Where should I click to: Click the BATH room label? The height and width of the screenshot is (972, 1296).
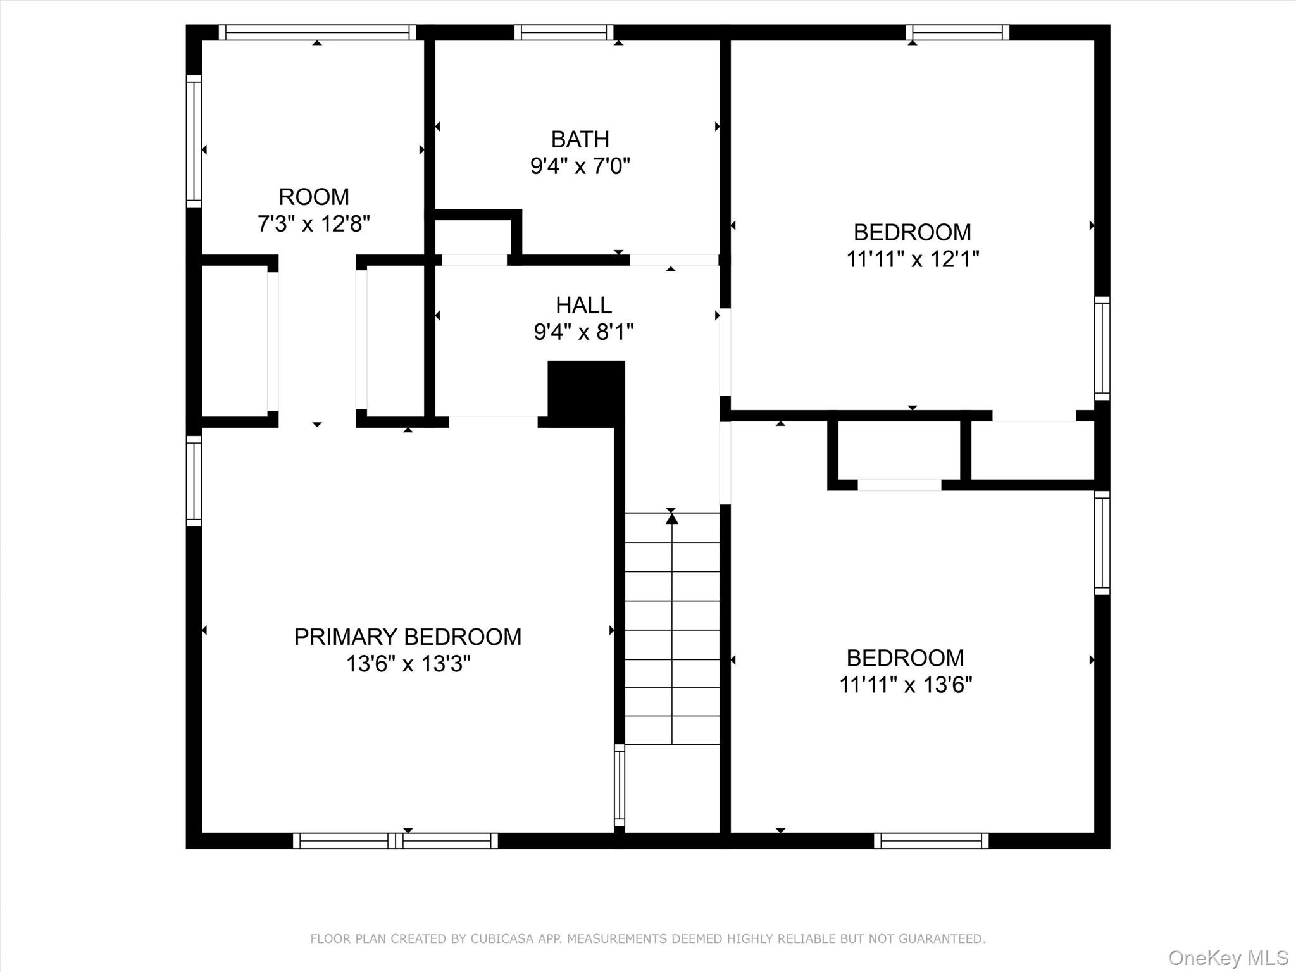tap(580, 139)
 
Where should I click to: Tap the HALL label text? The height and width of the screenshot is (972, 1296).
tap(583, 305)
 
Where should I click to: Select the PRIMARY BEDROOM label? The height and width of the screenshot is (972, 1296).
tap(408, 637)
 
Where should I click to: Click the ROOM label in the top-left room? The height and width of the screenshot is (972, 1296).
tap(314, 197)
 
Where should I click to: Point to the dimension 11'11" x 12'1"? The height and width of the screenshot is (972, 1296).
tap(913, 259)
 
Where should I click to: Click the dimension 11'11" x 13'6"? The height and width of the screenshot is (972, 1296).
tap(906, 685)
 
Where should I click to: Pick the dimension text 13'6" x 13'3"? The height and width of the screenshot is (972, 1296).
tap(408, 664)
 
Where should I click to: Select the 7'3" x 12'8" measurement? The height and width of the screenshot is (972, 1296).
tap(314, 224)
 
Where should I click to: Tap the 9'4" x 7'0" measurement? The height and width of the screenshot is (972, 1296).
tap(580, 166)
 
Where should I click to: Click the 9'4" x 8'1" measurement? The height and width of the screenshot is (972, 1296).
tap(583, 332)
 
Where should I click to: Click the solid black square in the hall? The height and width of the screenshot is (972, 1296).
tap(586, 392)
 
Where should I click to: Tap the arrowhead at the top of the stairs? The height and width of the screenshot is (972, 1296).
tap(671, 518)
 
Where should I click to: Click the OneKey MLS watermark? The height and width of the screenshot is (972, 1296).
tap(1228, 957)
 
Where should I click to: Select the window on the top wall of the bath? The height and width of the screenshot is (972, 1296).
tap(564, 32)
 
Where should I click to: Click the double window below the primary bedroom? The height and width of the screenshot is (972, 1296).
tap(396, 840)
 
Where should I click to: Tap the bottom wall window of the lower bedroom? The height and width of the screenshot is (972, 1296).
tap(931, 840)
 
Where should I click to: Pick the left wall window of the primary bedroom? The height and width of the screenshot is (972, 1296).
tap(194, 481)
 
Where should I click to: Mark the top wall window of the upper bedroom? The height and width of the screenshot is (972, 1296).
tap(957, 32)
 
